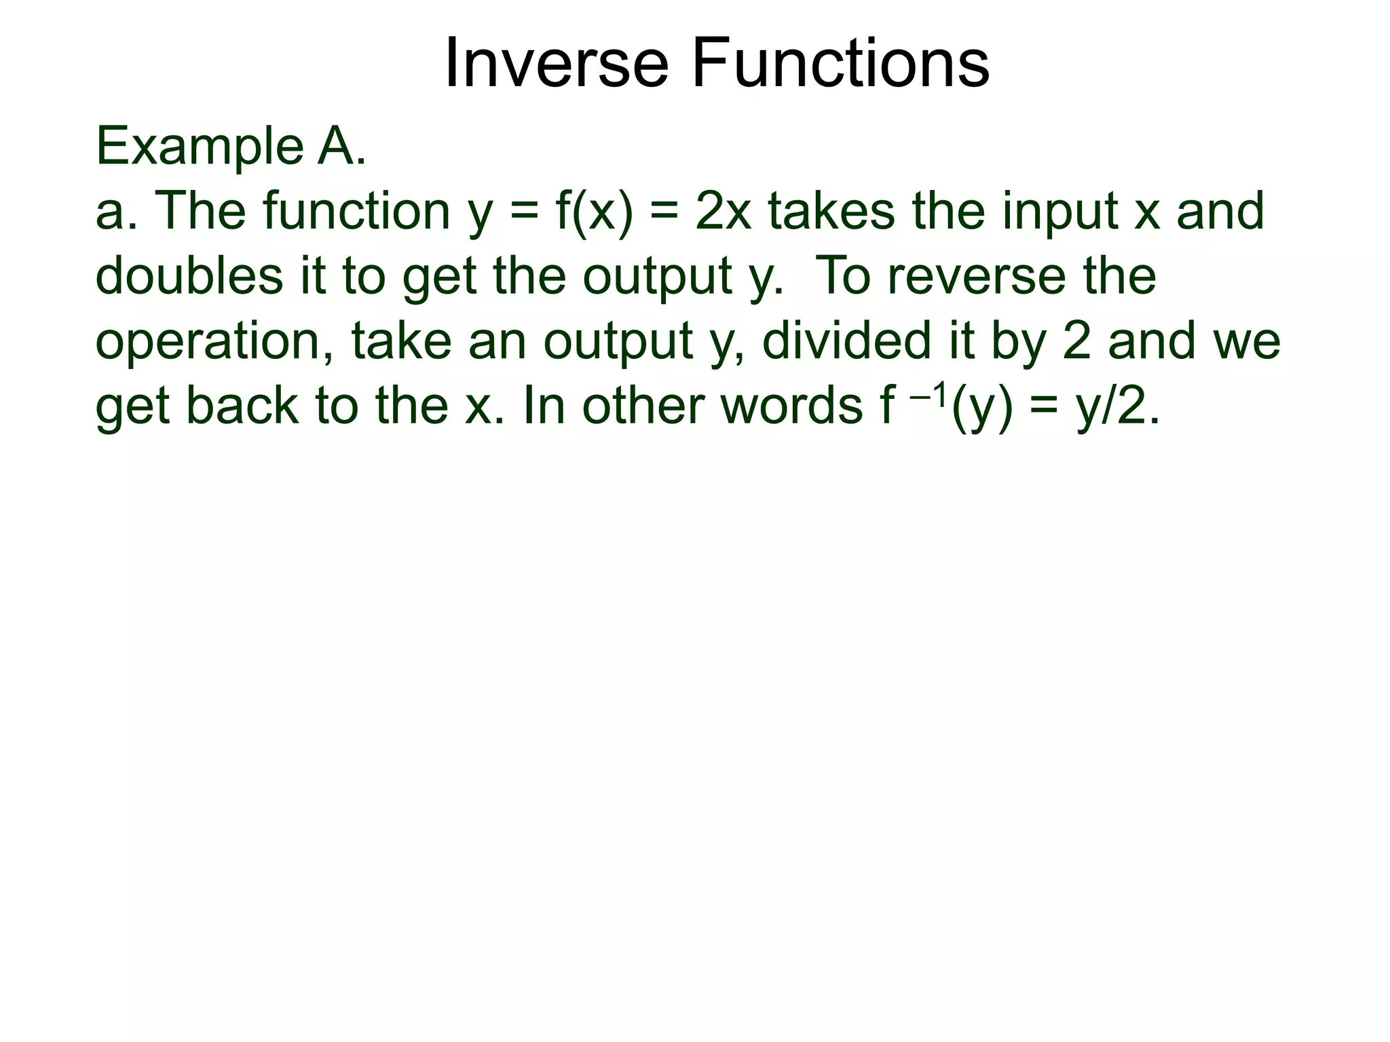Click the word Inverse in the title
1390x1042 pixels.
556,64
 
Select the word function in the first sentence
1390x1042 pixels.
357,211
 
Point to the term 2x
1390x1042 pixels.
724,211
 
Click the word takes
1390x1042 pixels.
832,211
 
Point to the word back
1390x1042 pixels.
242,405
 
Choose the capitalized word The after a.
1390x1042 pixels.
200,211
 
